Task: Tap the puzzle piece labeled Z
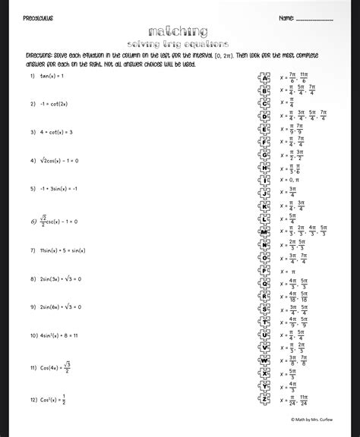coord(265,400)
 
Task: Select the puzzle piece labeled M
coord(265,231)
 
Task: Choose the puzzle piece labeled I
coord(265,181)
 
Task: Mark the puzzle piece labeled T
coord(265,322)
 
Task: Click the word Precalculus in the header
coord(38,17)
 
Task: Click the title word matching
coord(179,31)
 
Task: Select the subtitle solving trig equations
coord(179,45)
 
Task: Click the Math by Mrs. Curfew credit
coord(312,418)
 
